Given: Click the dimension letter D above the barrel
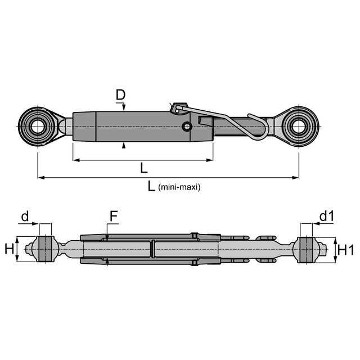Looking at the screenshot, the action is point(120,95).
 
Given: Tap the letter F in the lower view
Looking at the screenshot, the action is point(114,216).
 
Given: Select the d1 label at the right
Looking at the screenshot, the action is point(326,216).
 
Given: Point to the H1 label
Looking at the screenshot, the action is point(346,250).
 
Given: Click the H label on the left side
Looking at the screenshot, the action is point(10,249).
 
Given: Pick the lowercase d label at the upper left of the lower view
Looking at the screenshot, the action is point(25,216).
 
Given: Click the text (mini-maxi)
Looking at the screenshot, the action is point(179,187).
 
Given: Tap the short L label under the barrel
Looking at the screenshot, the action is point(144,168).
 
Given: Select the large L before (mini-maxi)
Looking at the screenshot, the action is point(151,186).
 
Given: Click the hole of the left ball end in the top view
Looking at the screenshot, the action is point(37,127).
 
